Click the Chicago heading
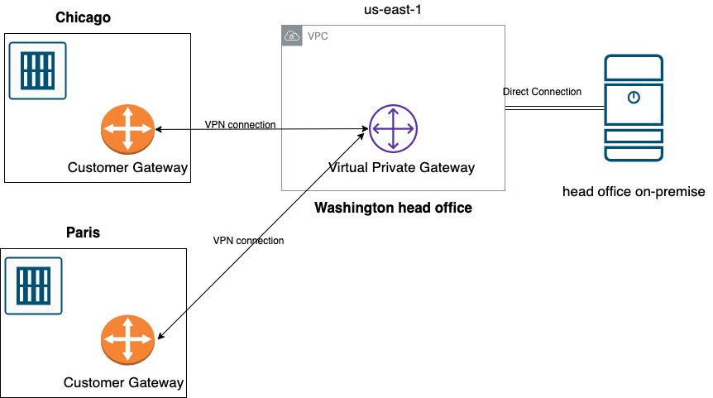[x=83, y=17]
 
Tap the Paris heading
[x=83, y=233]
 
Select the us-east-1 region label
[x=393, y=11]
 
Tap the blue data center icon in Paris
[x=34, y=285]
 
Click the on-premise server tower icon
[x=633, y=108]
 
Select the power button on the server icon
[x=633, y=98]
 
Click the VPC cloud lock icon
[x=291, y=36]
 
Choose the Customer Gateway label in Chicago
[x=127, y=168]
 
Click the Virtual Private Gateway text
[x=401, y=168]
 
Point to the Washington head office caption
[x=393, y=208]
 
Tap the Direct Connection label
[x=542, y=92]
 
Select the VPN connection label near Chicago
[x=240, y=125]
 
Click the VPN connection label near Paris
[x=248, y=241]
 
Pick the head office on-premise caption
[x=633, y=192]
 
